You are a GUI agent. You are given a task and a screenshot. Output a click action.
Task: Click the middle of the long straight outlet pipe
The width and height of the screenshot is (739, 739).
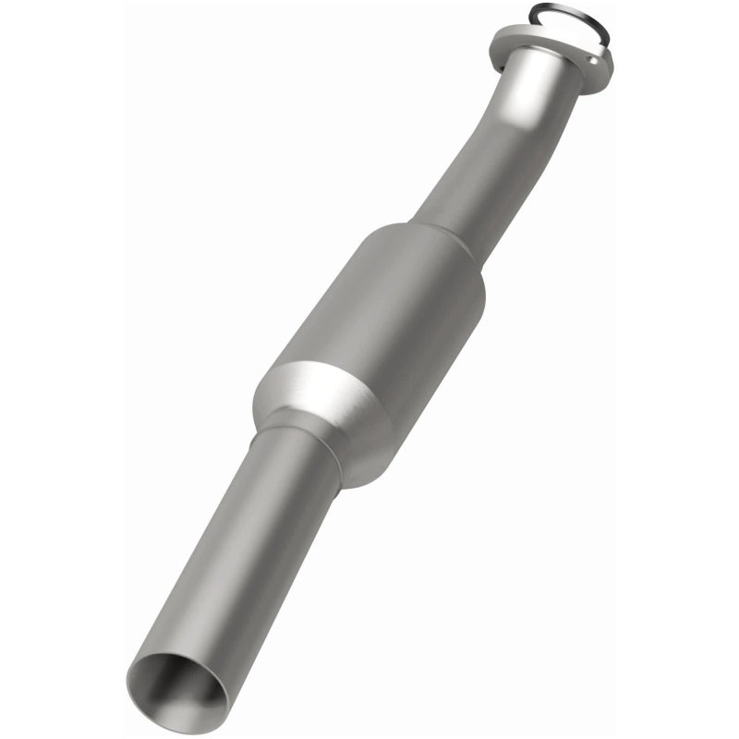(236, 554)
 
